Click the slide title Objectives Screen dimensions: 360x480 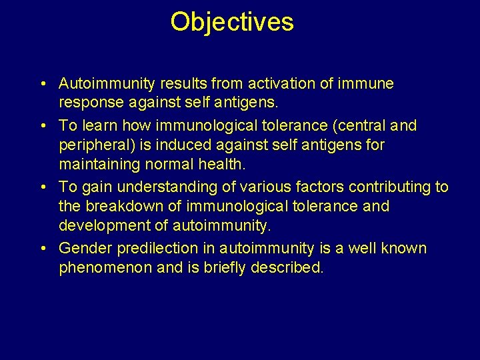tap(231, 22)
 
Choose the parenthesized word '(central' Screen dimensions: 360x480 tap(359, 125)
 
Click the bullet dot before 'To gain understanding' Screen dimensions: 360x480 tap(42, 187)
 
